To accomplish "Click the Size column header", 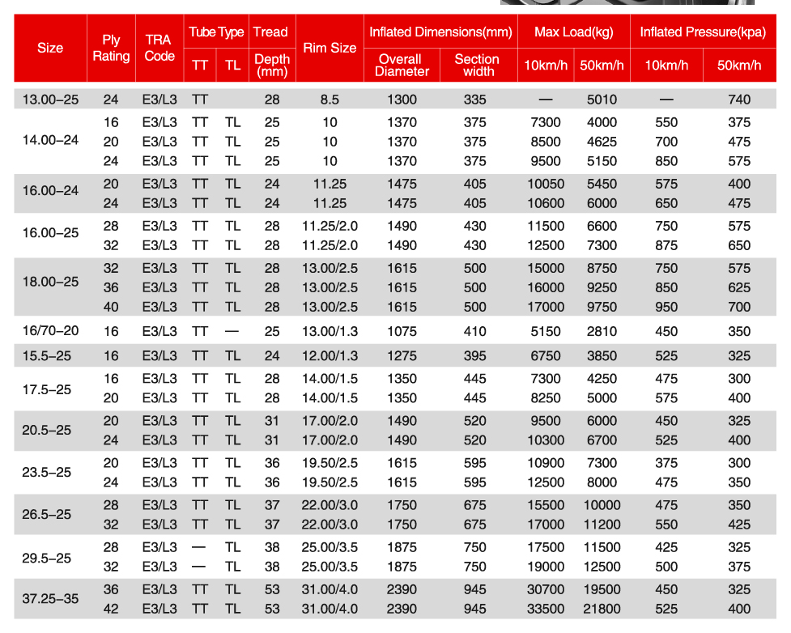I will tap(50, 48).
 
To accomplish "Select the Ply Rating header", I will tap(111, 48).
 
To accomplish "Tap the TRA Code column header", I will tap(159, 48).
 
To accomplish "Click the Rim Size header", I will tap(330, 48).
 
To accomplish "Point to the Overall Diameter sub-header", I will tap(402, 65).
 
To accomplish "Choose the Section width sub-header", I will tap(476, 65).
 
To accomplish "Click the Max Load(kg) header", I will tap(574, 32).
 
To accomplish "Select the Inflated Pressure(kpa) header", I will tap(701, 32).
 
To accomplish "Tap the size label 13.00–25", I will tap(50, 100).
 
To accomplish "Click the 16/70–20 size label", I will tap(50, 331).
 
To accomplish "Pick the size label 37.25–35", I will tap(50, 599).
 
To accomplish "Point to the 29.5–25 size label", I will tap(47, 557).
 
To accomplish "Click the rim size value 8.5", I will tap(330, 100).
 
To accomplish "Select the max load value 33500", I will tap(545, 609).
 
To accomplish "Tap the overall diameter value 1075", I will tap(402, 331).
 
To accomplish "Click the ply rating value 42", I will tap(111, 609).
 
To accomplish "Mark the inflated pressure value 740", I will tap(739, 100).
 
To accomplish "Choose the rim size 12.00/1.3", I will tap(330, 355).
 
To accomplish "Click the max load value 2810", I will tap(602, 331).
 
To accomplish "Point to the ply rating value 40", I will tap(111, 307).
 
